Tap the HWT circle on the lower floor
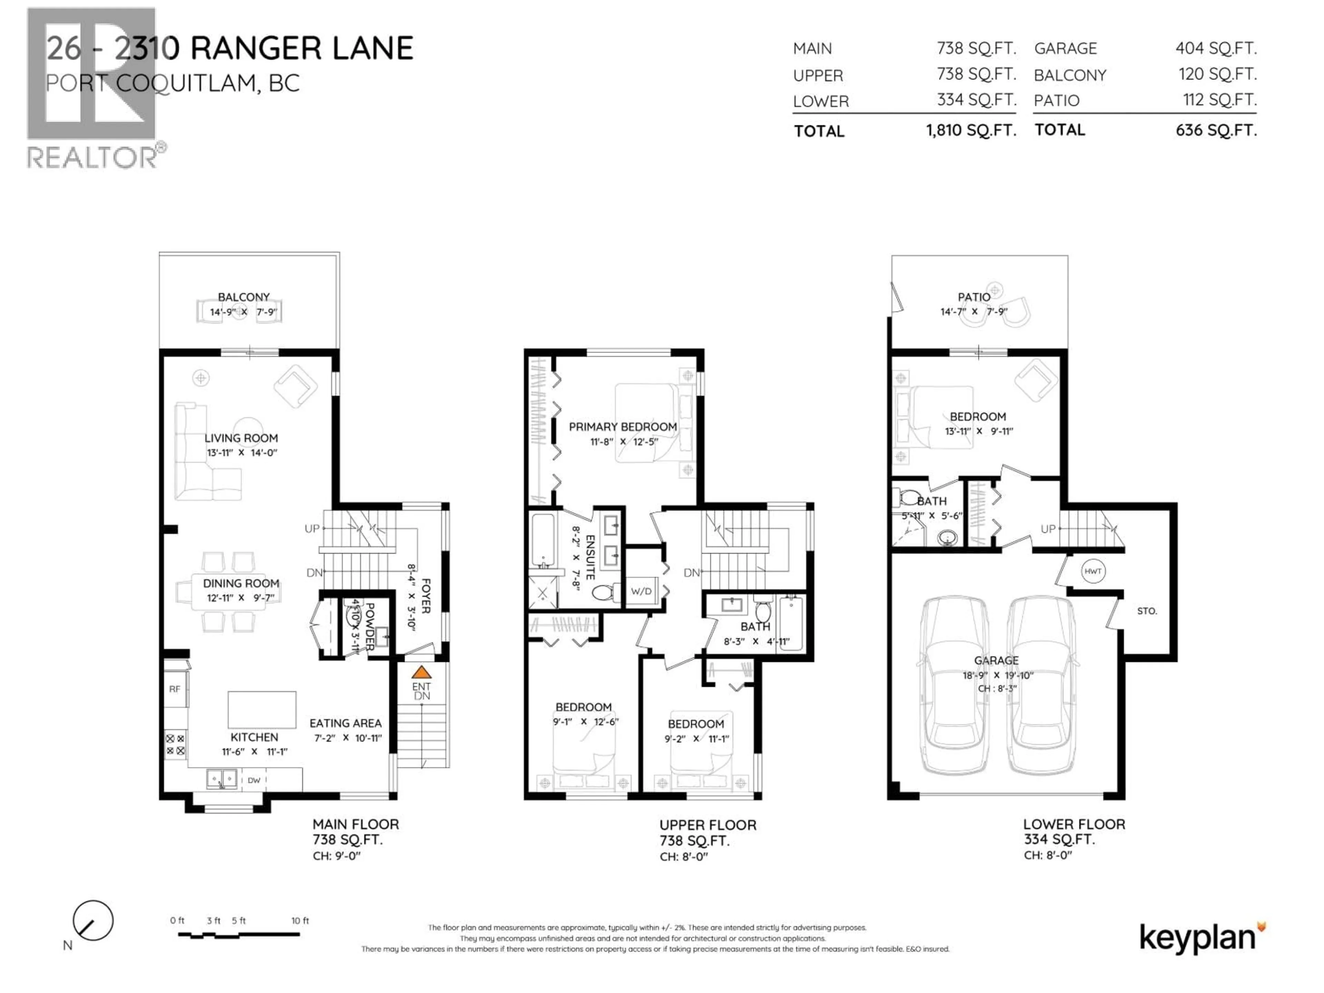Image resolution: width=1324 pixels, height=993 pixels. [1092, 571]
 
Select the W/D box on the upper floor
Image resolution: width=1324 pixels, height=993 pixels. [641, 591]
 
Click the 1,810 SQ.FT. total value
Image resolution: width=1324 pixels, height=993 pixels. [971, 130]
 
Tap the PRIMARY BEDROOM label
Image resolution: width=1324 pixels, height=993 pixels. [622, 427]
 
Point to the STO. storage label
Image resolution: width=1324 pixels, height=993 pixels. [1147, 611]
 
